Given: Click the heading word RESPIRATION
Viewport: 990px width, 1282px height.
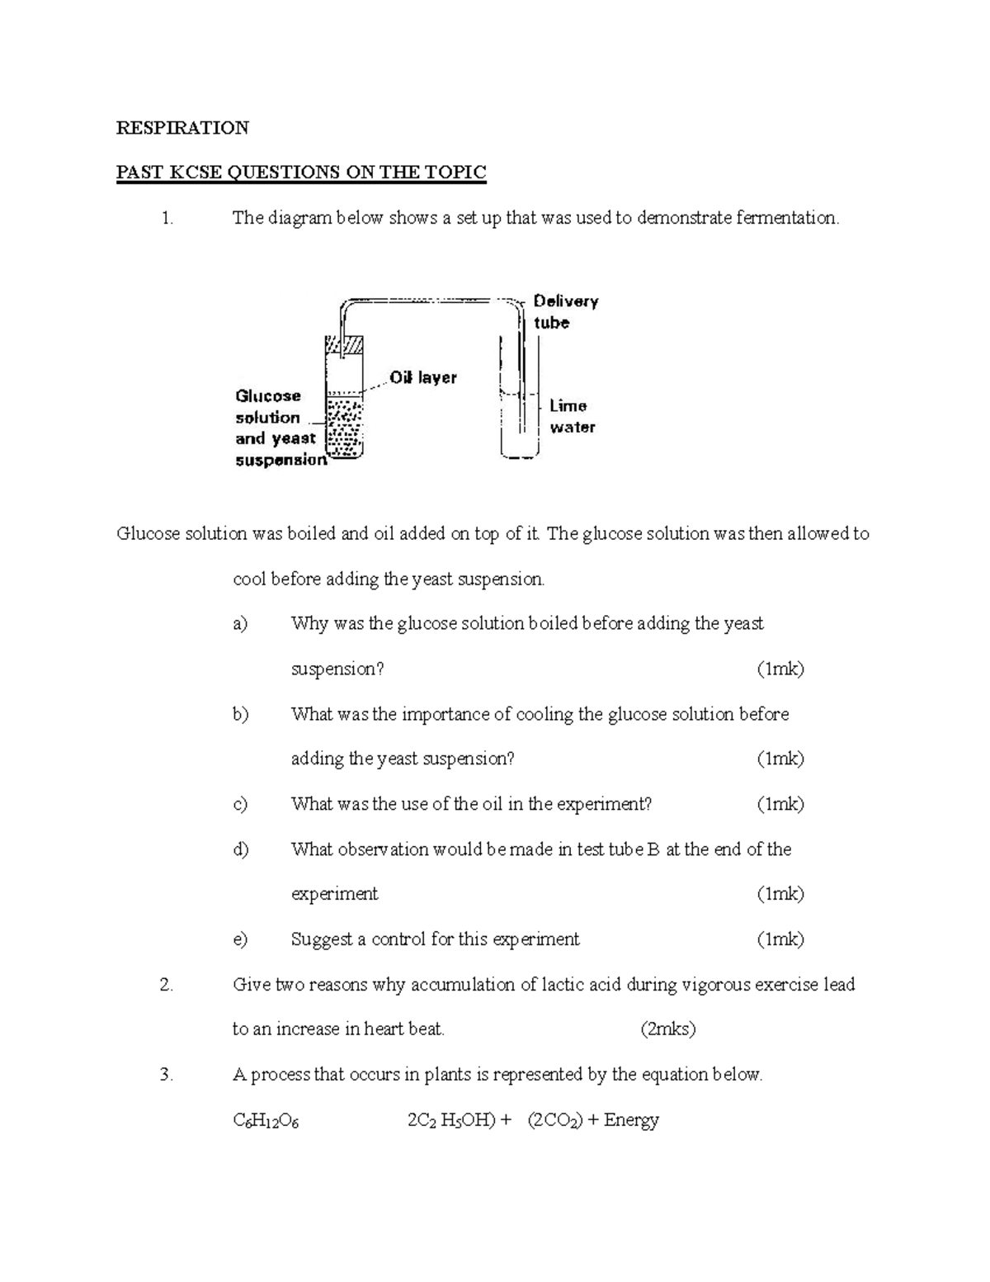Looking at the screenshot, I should click(182, 128).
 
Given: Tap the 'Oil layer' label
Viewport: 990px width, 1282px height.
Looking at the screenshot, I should click(423, 378).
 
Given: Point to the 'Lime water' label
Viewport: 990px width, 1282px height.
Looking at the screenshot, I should click(571, 416).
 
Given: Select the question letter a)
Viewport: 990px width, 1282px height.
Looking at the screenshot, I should click(240, 624).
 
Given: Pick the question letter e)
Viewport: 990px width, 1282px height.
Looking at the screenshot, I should click(240, 939).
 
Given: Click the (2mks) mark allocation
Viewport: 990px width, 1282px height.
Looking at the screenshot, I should click(667, 1029).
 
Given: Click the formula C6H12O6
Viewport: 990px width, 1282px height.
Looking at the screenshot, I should click(266, 1120).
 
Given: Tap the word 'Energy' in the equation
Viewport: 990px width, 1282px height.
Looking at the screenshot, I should click(631, 1120).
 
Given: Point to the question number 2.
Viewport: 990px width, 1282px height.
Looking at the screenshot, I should click(167, 985).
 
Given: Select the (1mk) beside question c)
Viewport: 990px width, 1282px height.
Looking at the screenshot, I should click(780, 804).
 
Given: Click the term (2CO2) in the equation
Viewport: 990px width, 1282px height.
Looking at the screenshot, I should click(554, 1120).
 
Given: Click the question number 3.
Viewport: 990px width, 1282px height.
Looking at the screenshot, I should click(167, 1075).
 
